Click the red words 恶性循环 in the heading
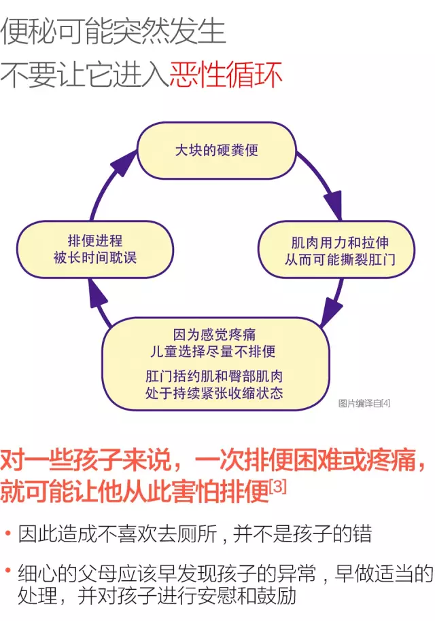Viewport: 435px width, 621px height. pos(226,75)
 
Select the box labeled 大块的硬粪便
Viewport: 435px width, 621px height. pos(217,151)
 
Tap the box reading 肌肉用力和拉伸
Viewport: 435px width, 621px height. pos(336,250)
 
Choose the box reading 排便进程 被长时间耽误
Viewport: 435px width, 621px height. pos(95,249)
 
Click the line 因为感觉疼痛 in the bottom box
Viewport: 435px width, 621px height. pos(214,335)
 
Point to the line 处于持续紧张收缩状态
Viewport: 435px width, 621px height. pos(214,393)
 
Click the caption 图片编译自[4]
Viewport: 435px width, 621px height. pos(364,403)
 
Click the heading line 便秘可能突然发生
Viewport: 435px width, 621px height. pos(113,31)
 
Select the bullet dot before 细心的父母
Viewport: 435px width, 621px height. pos(7,571)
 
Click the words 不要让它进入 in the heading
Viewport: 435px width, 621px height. pos(85,75)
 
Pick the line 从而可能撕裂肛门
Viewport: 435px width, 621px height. pos(340,259)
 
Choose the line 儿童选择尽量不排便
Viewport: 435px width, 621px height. pos(213,352)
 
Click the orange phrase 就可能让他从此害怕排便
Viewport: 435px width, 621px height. pos(135,491)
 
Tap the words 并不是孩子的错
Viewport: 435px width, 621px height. pos(302,534)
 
